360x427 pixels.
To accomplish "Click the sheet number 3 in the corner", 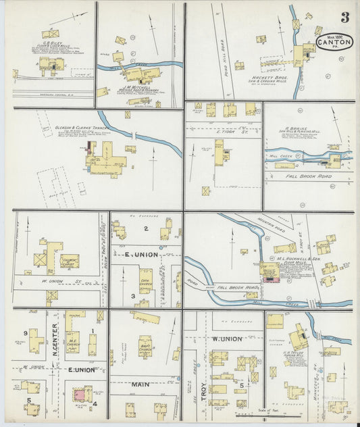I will tap(344, 17).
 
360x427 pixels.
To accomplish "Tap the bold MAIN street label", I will tap(140, 384).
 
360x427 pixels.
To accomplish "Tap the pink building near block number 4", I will tap(80, 393).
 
